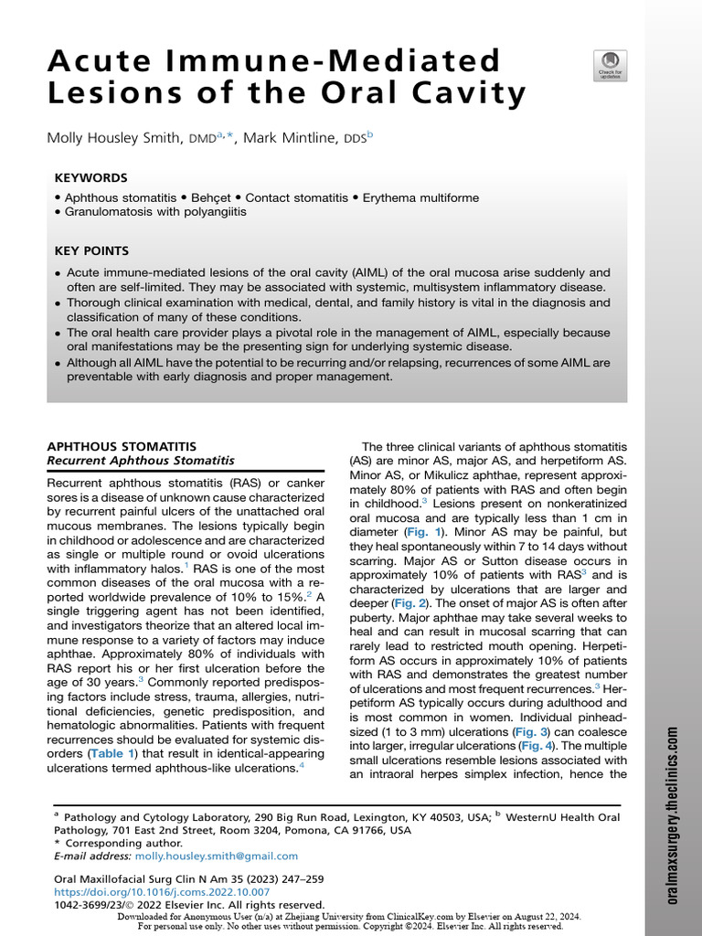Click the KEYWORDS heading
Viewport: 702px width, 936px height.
[x=91, y=178]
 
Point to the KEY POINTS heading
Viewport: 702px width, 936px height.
[x=92, y=250]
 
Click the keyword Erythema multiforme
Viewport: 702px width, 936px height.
[x=420, y=197]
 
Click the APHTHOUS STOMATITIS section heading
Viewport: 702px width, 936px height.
[x=122, y=446]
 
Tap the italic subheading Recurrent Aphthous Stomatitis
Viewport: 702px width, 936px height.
[x=141, y=461]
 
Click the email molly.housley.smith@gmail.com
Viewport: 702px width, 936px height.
[x=216, y=856]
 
